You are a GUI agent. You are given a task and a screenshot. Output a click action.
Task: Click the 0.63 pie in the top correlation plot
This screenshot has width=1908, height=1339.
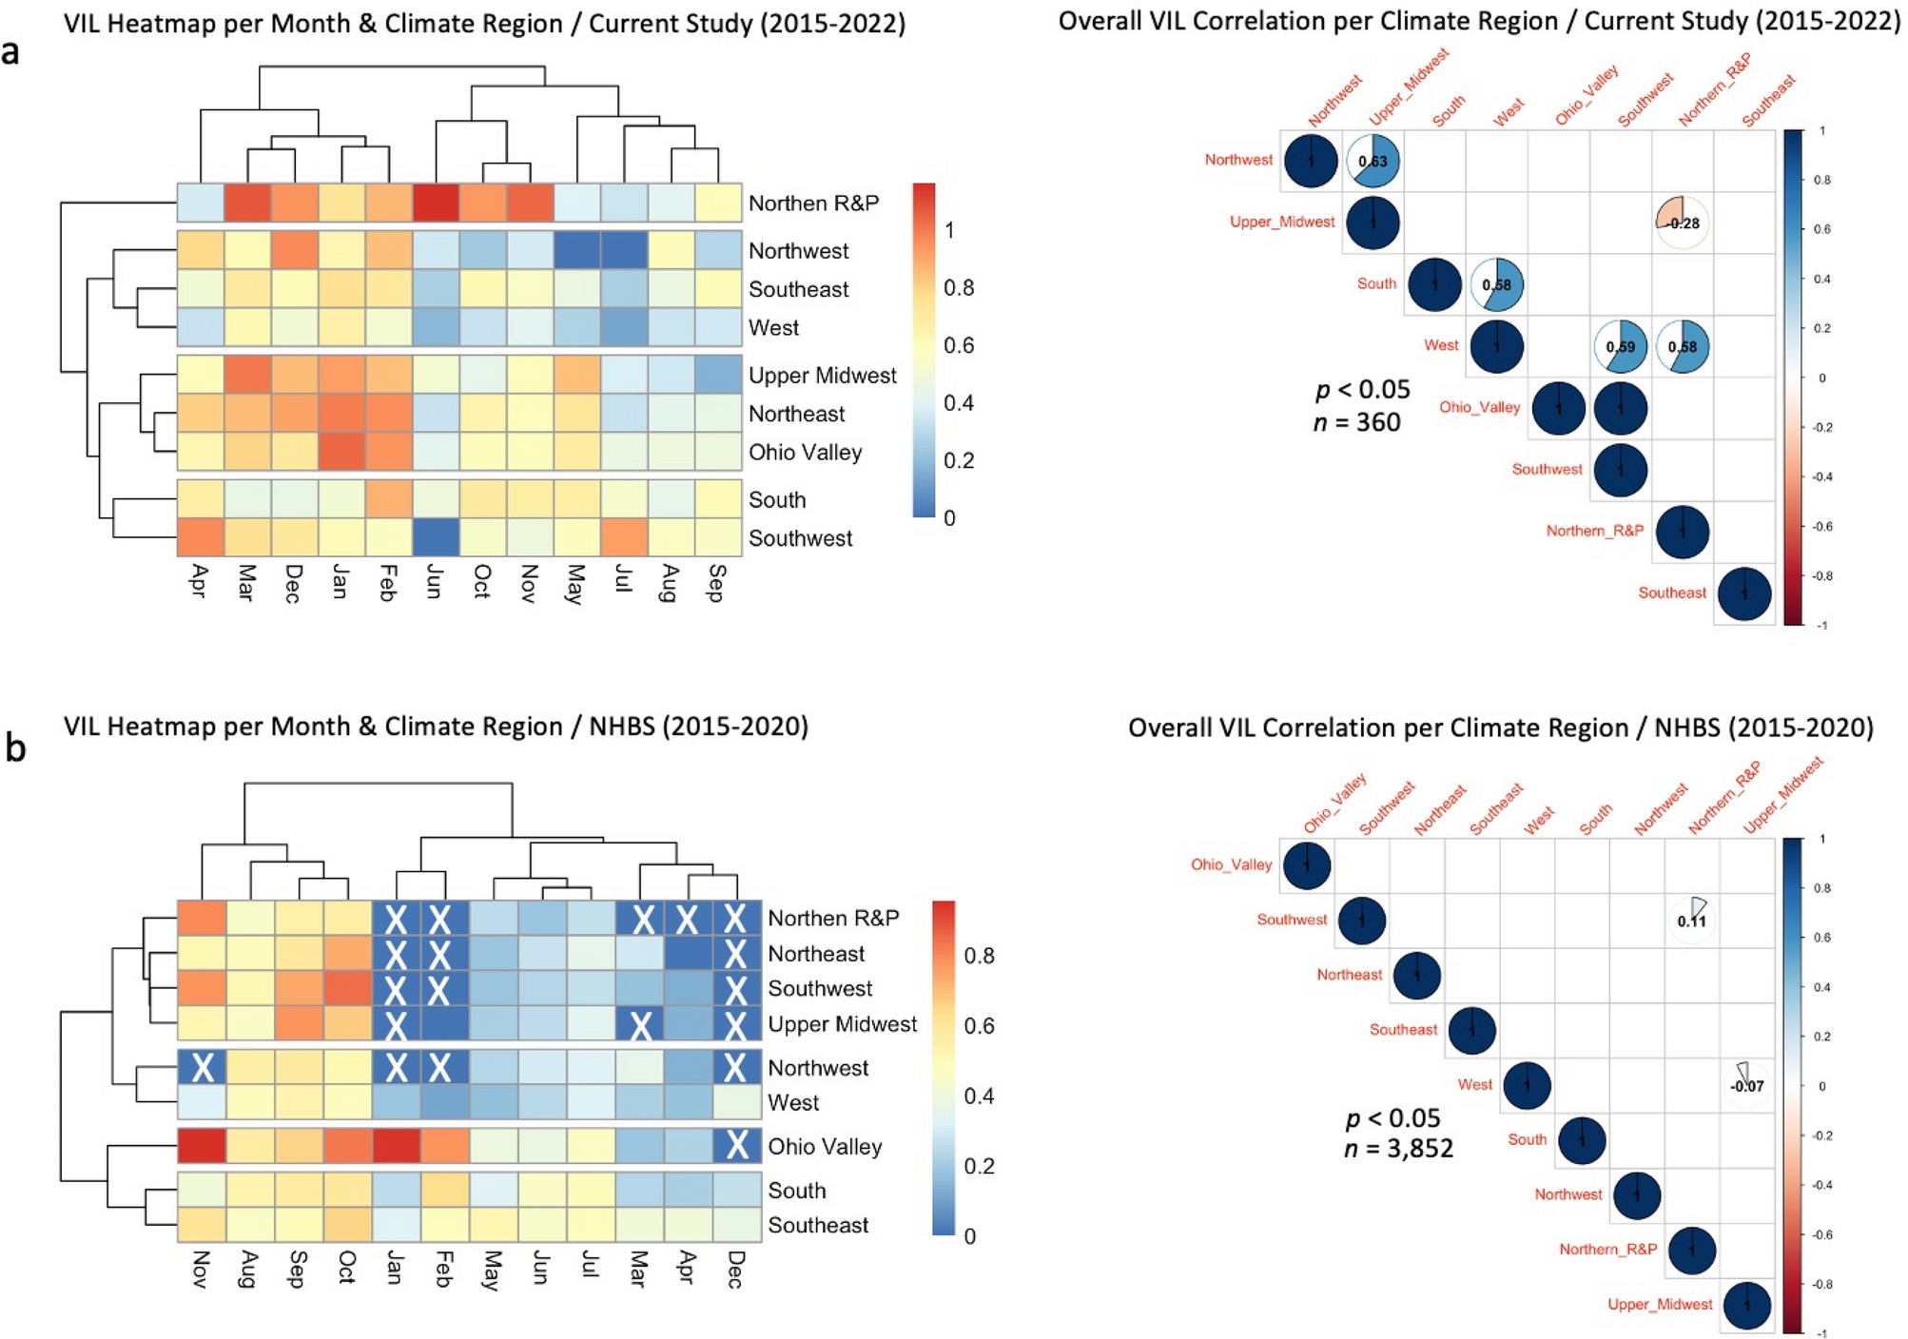1373,161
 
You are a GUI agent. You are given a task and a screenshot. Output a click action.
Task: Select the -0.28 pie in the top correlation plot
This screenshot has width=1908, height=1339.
1683,223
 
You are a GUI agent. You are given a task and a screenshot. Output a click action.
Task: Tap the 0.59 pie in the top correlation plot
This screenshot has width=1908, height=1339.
1621,346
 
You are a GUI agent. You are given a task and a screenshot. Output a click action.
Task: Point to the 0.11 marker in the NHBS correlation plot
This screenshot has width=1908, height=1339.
1692,919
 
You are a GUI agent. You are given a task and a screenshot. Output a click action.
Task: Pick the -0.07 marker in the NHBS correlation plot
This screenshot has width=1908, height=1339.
1746,1084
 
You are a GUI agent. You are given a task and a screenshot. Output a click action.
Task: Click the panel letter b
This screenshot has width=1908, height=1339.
14,748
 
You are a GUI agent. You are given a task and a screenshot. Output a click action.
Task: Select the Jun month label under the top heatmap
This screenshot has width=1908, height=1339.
434,581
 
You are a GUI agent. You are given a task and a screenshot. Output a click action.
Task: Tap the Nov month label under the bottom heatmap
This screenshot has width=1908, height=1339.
201,1269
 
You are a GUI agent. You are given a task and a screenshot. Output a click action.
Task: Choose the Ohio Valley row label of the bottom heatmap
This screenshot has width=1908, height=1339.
825,1147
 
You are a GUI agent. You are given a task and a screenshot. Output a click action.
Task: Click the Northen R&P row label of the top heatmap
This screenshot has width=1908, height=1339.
813,204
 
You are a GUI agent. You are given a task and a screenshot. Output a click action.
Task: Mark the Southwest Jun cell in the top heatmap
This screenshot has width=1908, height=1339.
437,537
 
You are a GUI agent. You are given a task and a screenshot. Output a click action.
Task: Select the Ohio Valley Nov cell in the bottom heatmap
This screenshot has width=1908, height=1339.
202,1146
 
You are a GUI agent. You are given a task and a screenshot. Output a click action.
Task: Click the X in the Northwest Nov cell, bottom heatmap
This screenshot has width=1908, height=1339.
202,1068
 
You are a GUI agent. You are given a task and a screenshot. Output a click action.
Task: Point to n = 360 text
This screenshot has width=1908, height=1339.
1356,422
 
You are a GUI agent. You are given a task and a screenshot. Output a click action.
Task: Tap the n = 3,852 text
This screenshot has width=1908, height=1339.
1398,1149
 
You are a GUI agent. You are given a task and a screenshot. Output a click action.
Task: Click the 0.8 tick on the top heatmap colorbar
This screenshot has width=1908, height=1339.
958,288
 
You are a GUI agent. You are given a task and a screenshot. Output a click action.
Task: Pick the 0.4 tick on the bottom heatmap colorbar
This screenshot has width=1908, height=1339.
979,1096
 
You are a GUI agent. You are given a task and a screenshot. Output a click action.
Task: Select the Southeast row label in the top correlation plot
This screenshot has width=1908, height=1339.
1671,592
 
